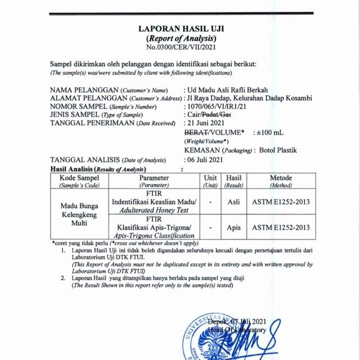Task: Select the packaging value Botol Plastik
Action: (278, 150)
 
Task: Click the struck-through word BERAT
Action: (196, 132)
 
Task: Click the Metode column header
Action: (281, 178)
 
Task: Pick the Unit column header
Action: (210, 178)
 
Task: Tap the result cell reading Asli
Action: (233, 202)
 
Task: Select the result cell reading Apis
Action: (233, 227)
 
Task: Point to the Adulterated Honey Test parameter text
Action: (150, 210)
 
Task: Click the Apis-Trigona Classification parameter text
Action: (154, 236)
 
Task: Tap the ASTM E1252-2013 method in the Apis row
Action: (281, 227)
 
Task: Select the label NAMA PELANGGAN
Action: (84, 90)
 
